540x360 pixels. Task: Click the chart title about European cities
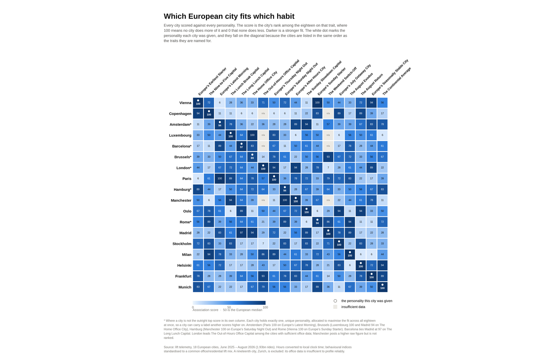229,16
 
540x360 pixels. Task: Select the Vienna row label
185,103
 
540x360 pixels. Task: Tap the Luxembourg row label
180,135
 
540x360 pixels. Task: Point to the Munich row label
184,287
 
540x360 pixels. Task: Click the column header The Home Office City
264,83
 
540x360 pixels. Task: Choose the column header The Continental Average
396,81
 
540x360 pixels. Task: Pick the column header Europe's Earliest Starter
212,81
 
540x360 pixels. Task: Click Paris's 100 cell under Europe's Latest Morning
220,178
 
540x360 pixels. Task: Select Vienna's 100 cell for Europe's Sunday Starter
317,102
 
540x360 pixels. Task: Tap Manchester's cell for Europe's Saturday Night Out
285,200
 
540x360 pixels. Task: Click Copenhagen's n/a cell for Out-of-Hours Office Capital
263,113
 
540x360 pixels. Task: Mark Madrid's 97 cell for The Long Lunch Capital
241,232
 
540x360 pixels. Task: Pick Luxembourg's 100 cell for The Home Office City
252,135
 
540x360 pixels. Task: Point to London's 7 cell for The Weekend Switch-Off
328,168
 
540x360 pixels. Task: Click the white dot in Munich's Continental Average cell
382,285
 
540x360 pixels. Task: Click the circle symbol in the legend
335,301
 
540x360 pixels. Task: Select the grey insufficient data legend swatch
335,307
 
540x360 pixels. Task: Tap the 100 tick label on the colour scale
265,307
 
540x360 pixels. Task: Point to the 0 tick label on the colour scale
193,307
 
